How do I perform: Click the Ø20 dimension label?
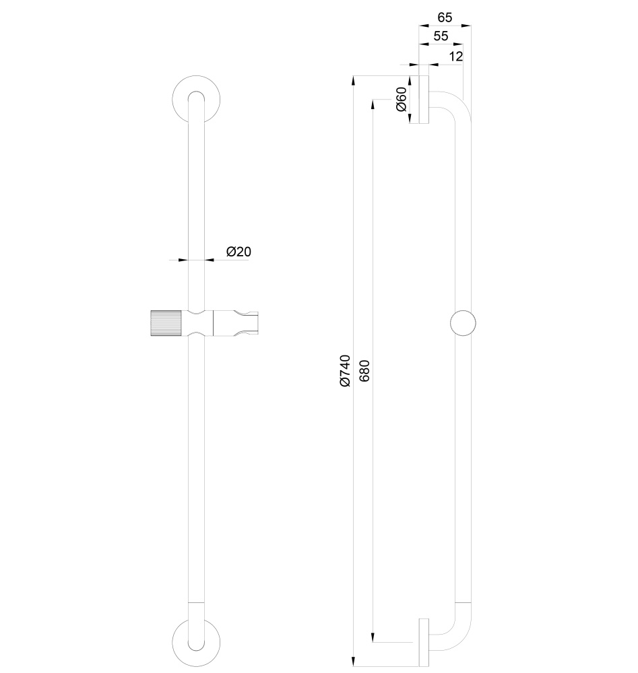(x=238, y=252)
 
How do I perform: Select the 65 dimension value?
(x=445, y=16)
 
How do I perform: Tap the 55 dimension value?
(x=441, y=36)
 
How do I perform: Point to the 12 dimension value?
(x=455, y=57)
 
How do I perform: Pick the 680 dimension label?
(x=364, y=371)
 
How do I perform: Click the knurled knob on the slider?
(x=166, y=323)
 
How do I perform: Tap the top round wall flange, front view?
(x=195, y=98)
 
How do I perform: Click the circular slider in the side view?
(x=463, y=323)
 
